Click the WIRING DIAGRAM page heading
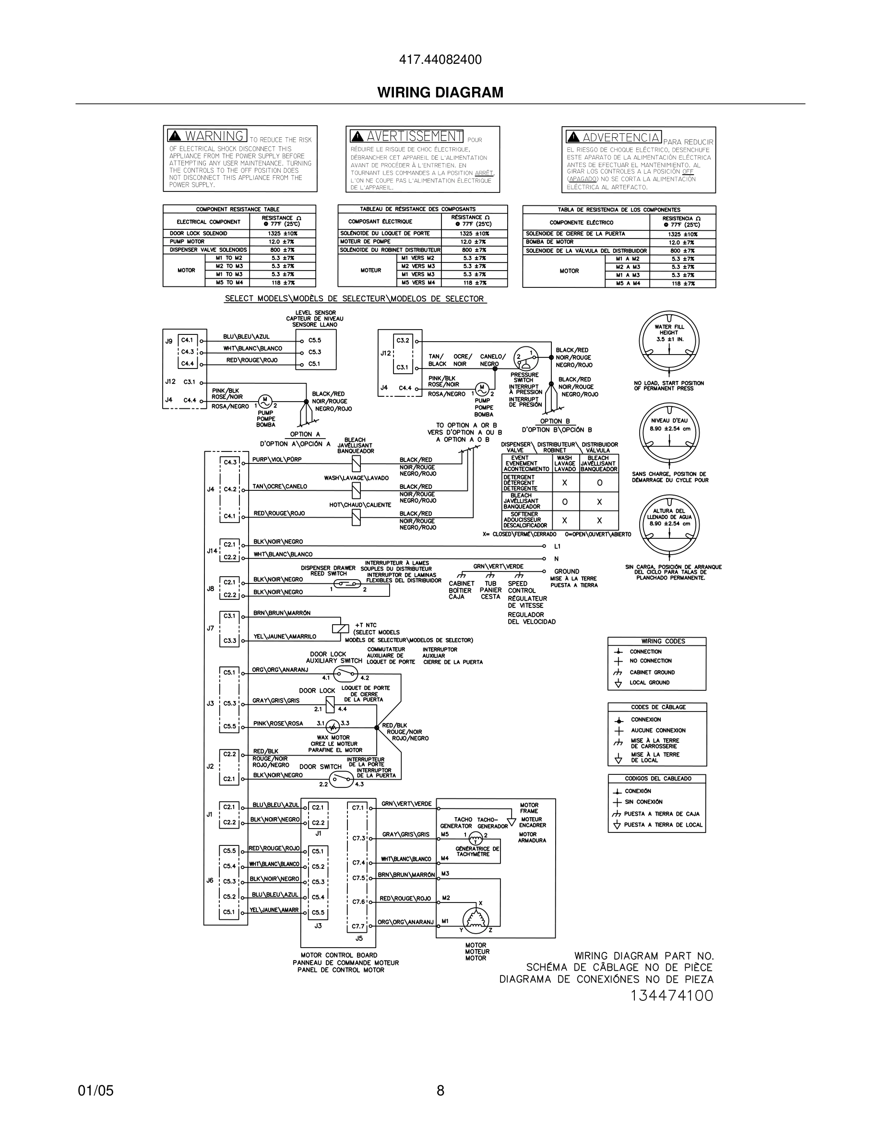tap(440, 93)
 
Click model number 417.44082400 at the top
tap(440, 60)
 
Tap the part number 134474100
tap(672, 996)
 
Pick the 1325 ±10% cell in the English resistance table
tap(282, 233)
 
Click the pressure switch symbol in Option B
tap(525, 358)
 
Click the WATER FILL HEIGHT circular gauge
tap(668, 341)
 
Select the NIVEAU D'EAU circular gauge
tap(668, 432)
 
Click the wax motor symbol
tap(333, 726)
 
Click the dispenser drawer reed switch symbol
tap(347, 583)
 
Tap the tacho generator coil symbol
tap(476, 838)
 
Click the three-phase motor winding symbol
tap(476, 919)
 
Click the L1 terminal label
tap(558, 546)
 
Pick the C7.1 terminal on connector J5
tap(357, 807)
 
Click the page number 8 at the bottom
tap(440, 1091)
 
